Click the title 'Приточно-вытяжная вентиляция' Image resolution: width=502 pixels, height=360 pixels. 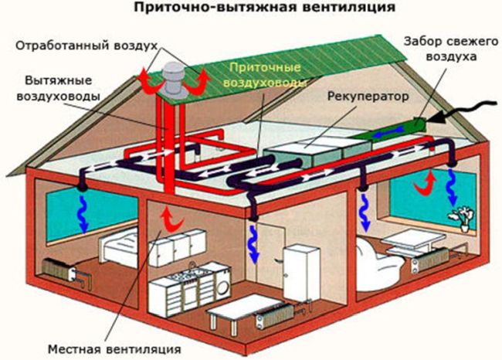pos(252,8)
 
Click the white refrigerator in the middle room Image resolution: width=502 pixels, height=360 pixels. pos(300,274)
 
